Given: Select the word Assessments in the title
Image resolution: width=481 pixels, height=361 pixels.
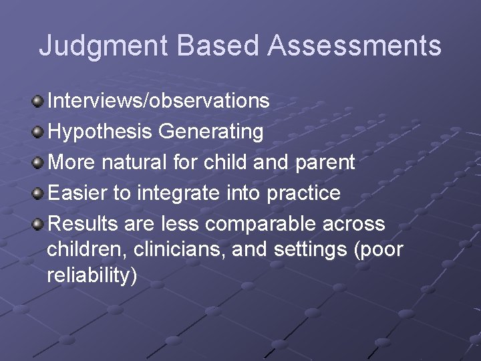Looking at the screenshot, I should point(355,46).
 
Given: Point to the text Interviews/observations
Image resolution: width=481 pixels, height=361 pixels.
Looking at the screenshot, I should point(159,102).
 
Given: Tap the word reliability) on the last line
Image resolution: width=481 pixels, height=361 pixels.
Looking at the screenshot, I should point(92,275).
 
